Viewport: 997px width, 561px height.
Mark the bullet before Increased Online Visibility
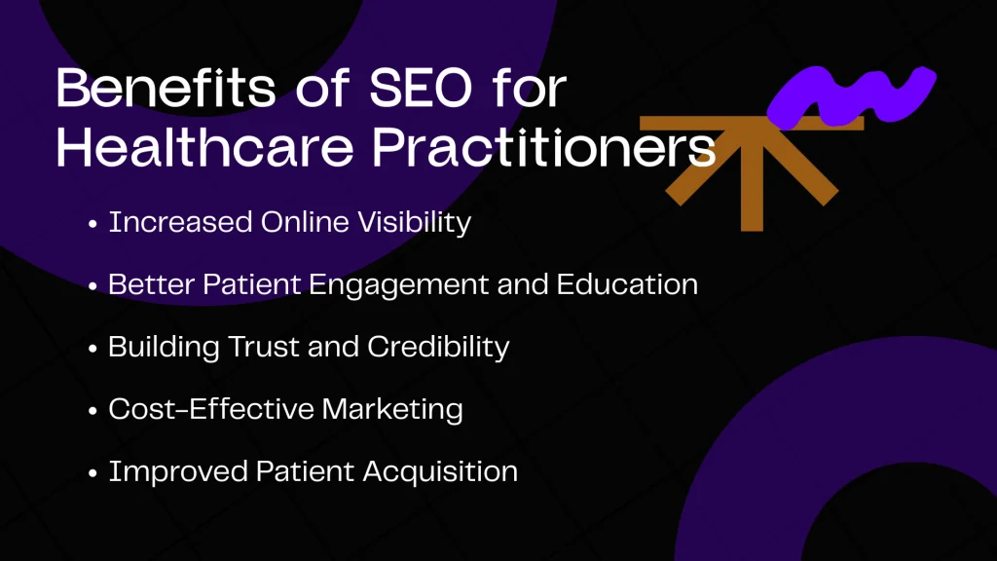[x=92, y=224]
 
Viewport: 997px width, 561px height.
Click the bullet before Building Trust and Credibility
[x=92, y=349]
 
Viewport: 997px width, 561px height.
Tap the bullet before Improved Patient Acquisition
[x=92, y=473]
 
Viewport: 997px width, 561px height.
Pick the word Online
[x=296, y=222]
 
